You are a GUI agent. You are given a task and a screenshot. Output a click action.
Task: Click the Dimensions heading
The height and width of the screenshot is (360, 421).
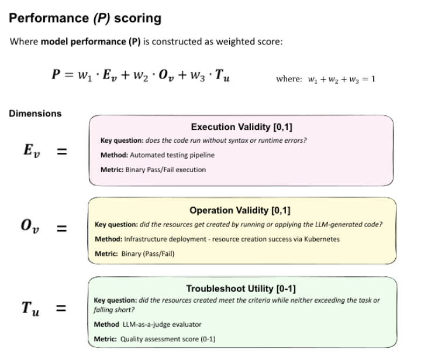[x=35, y=114]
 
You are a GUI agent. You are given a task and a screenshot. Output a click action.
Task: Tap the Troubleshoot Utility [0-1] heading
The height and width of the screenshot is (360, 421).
[x=241, y=289]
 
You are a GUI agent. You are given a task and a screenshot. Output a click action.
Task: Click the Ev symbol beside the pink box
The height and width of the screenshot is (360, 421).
[x=30, y=150]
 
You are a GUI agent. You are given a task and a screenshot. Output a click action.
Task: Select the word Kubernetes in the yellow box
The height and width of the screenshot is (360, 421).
[x=320, y=239]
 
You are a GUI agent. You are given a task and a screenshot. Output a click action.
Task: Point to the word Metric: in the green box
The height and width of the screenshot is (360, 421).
[x=105, y=339]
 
